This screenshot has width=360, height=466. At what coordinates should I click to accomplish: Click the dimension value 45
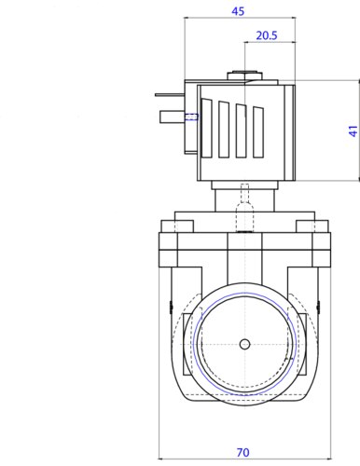pos(238,11)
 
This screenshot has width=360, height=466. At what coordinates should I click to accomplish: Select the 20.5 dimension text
pos(267,35)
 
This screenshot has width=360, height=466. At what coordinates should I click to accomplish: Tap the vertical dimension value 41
pos(353,131)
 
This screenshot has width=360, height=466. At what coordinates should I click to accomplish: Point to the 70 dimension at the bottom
pos(242,452)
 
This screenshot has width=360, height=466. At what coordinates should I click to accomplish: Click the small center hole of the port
pos(245,344)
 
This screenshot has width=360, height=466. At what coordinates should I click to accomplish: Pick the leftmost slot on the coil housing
pos(206,128)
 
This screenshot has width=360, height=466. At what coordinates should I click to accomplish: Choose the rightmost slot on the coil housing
pos(258,132)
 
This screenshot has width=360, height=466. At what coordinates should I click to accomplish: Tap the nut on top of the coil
pos(244,76)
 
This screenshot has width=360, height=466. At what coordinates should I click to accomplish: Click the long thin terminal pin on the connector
pos(170,95)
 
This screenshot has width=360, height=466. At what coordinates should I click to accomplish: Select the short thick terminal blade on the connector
pos(173,116)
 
